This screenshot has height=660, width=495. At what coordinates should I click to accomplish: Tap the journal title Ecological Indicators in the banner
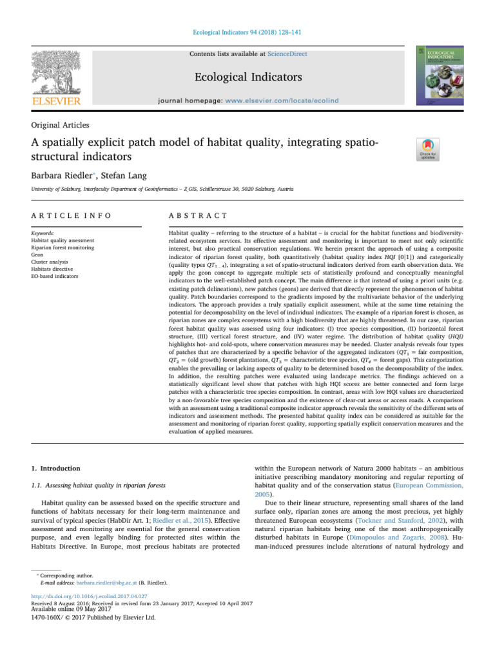coord(247,77)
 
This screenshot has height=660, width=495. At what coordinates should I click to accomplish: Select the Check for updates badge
coord(429,151)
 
